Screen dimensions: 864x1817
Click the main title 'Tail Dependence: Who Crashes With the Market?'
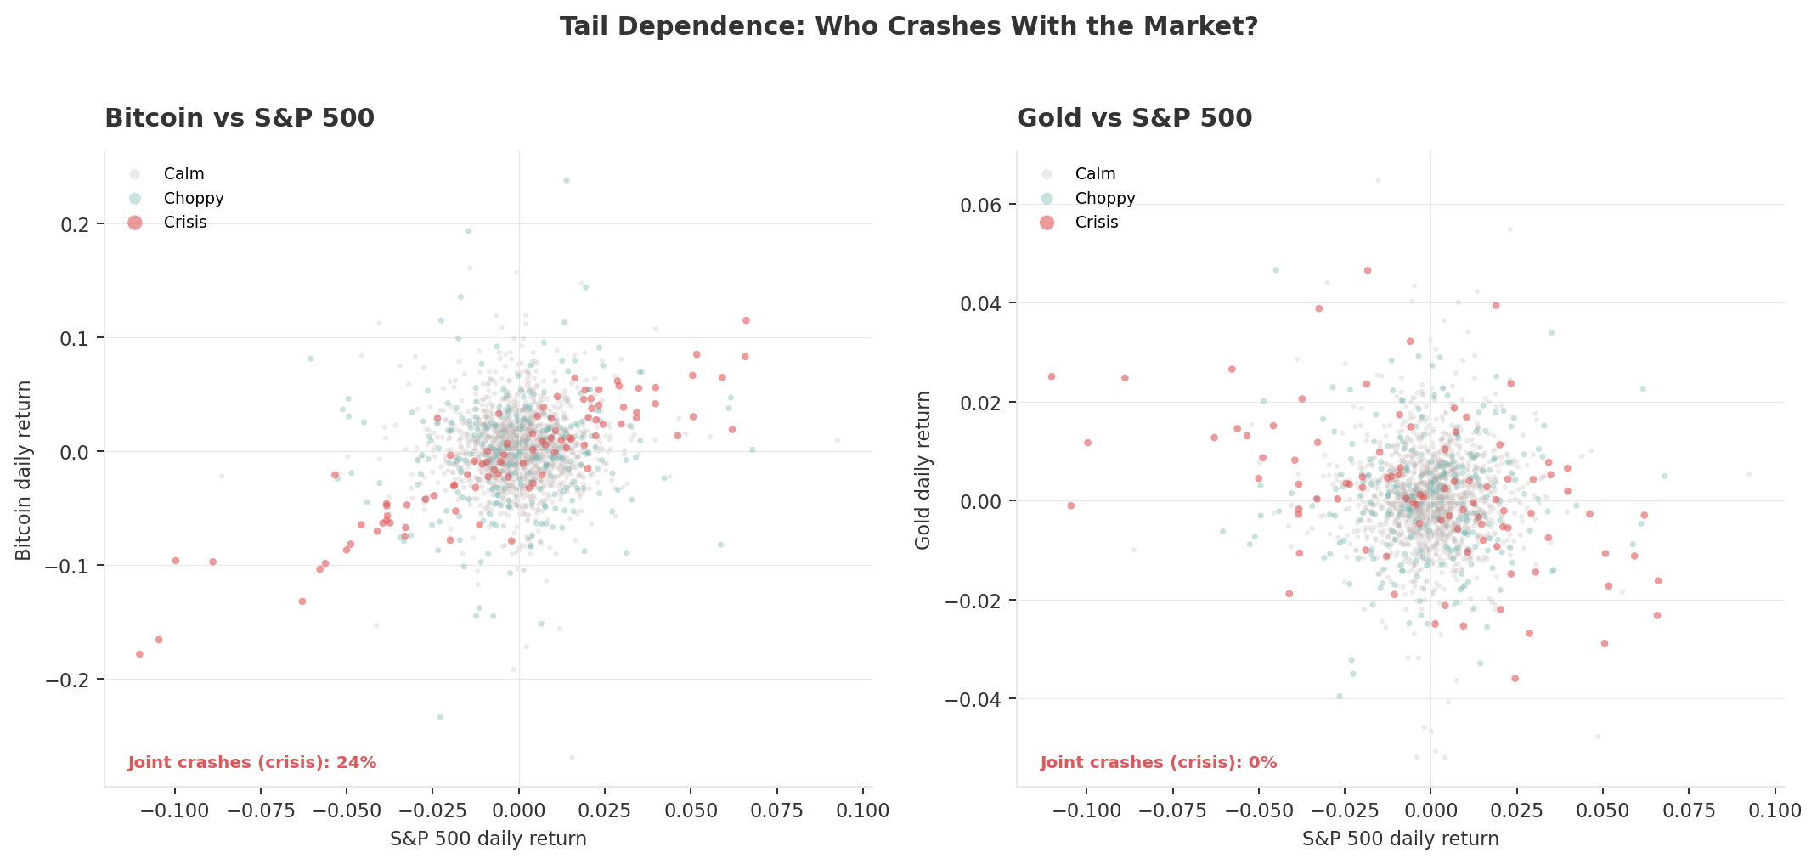tap(908, 27)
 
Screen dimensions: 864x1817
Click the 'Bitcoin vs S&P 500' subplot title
tap(239, 118)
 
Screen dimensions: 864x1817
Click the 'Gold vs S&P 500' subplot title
tap(1134, 118)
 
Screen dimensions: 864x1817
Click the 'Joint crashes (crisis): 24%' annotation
tap(252, 763)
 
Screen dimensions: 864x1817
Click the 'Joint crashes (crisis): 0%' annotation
tap(1158, 763)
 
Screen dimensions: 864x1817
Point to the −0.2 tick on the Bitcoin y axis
tap(71, 680)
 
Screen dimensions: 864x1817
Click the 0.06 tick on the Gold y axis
tap(982, 205)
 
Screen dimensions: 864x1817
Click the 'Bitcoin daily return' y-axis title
tap(24, 470)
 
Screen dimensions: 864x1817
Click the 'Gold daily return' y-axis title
tap(923, 470)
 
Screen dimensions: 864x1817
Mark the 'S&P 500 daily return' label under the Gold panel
tap(1400, 839)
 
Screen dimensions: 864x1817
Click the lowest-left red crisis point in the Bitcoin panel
tap(139, 654)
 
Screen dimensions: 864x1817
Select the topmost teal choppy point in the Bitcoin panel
tap(567, 180)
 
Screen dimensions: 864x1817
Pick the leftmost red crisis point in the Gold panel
tap(1051, 376)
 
